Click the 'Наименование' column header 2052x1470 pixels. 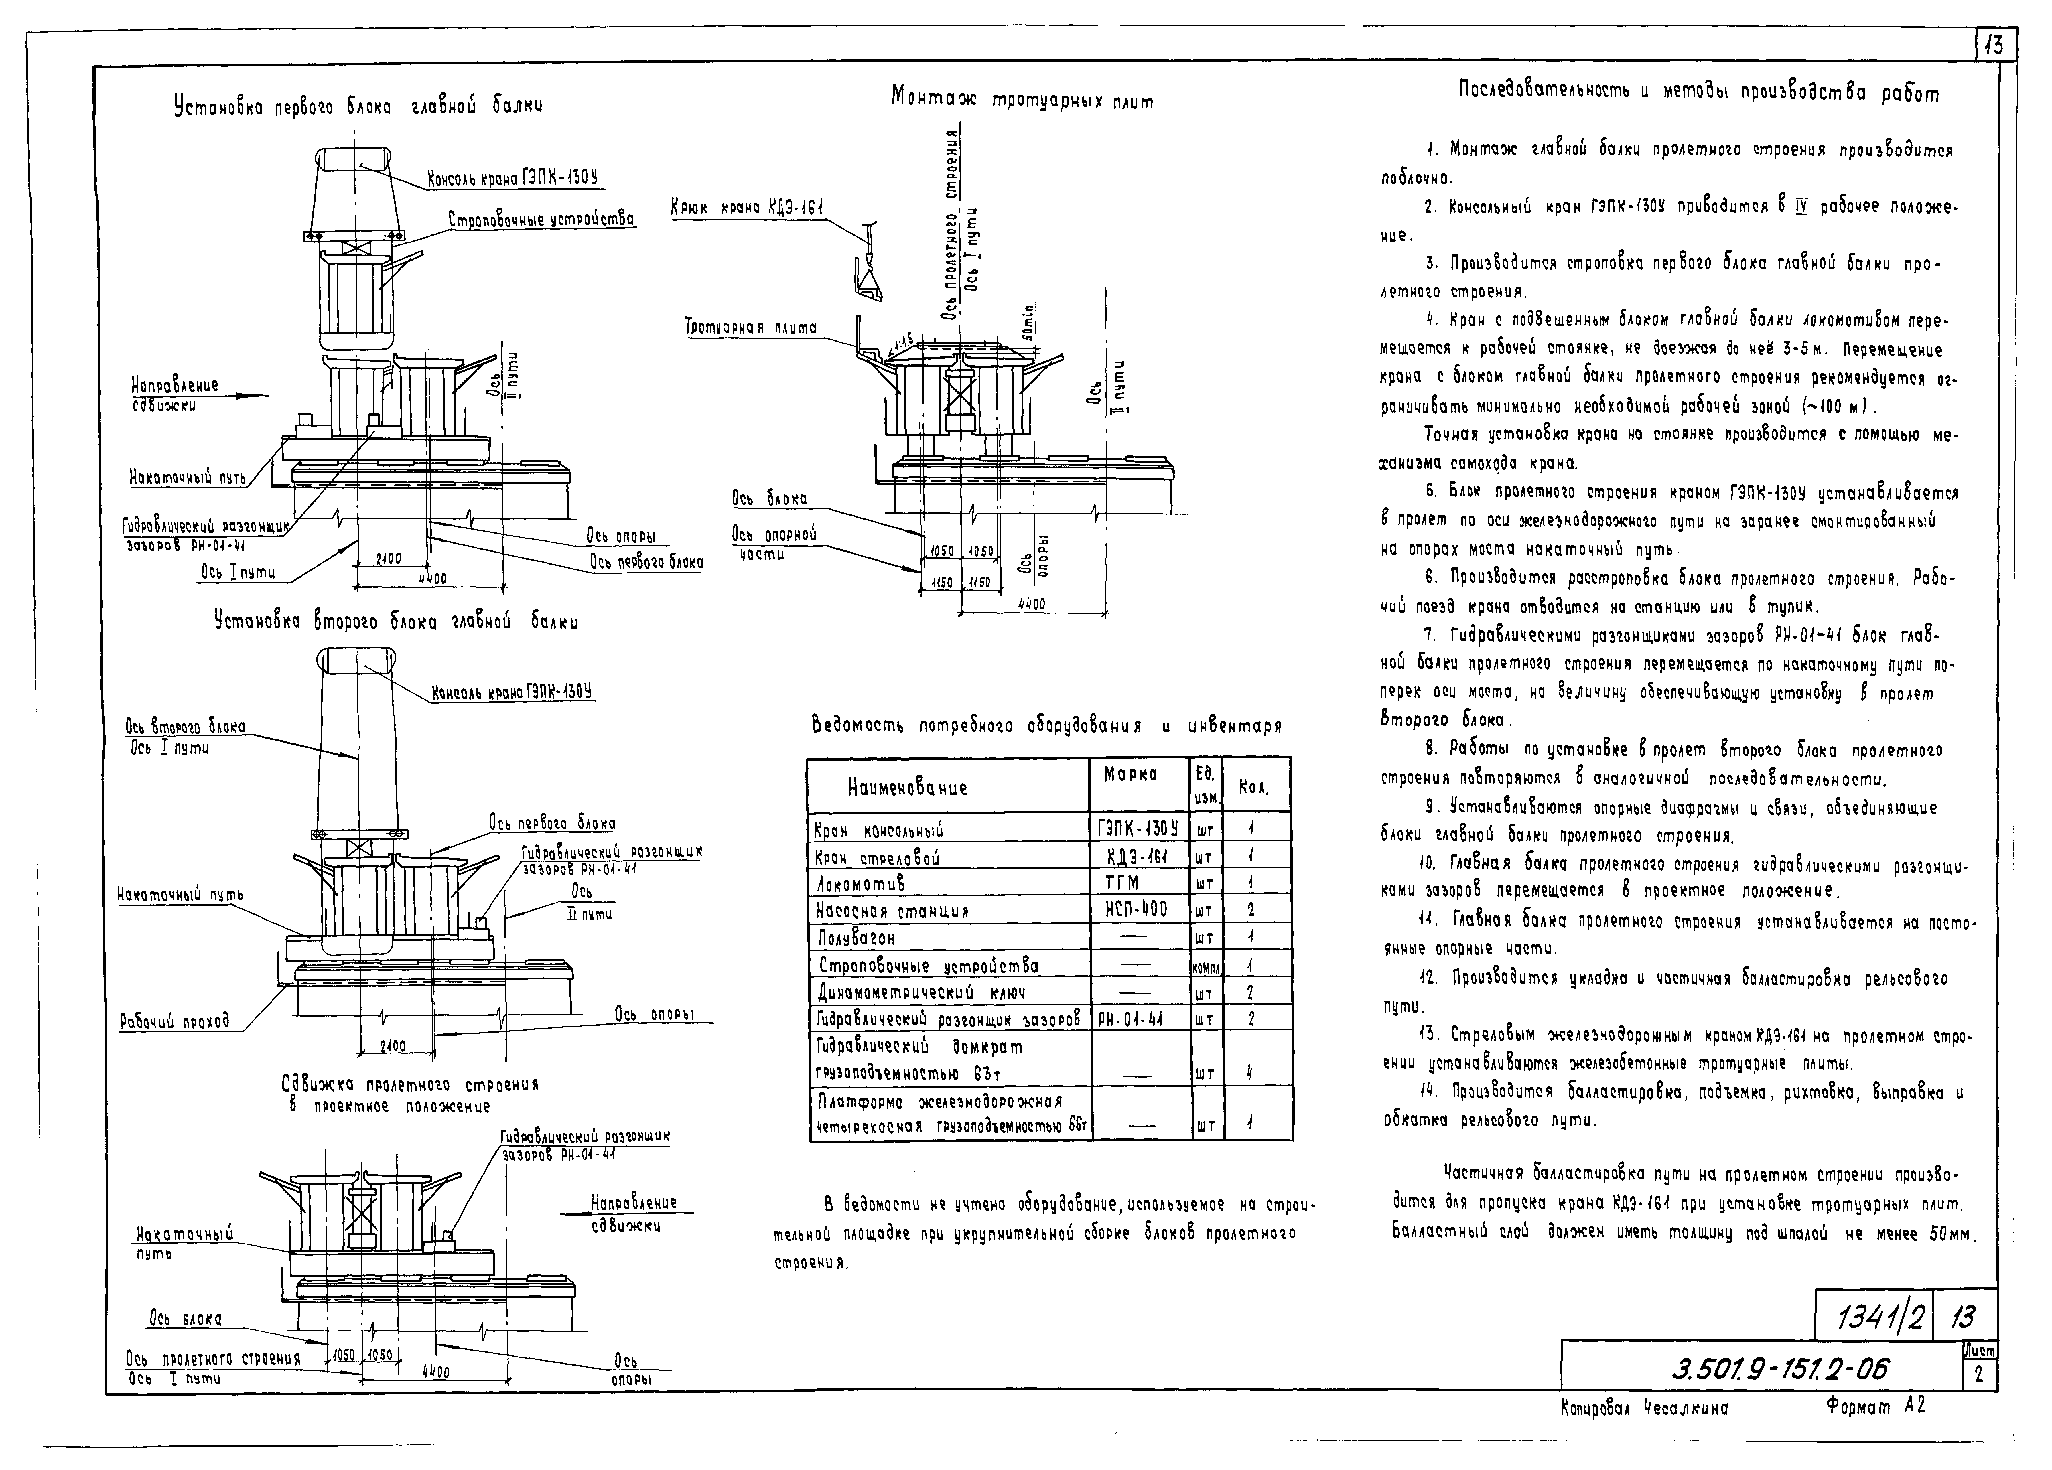coord(908,787)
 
